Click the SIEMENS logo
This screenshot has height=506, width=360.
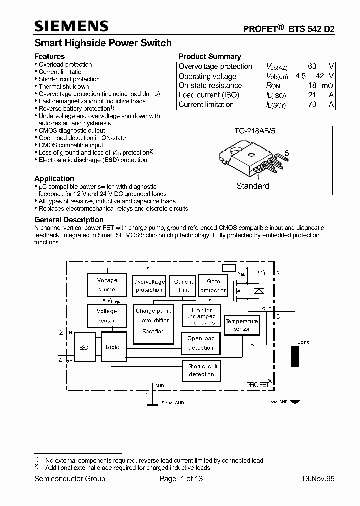(71, 27)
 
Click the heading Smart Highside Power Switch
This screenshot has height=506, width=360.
(103, 43)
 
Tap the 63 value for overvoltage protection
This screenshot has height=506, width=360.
(313, 66)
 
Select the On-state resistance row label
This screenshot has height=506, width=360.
(210, 85)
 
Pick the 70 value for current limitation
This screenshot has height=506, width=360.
(313, 104)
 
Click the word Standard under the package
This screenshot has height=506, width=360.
(253, 186)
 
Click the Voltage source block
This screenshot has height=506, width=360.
(107, 285)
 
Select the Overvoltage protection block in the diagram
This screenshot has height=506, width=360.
(149, 286)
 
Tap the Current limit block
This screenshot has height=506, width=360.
(183, 286)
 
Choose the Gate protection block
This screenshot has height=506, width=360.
(213, 286)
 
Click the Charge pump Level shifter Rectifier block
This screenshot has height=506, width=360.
(154, 321)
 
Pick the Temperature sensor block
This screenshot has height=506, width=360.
(242, 325)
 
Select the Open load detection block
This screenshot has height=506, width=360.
(201, 343)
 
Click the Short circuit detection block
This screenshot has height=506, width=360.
(202, 370)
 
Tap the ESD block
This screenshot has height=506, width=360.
(84, 347)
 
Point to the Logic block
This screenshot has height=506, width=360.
(113, 347)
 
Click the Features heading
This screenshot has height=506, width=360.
(49, 56)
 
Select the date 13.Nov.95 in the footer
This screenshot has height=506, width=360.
(318, 479)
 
